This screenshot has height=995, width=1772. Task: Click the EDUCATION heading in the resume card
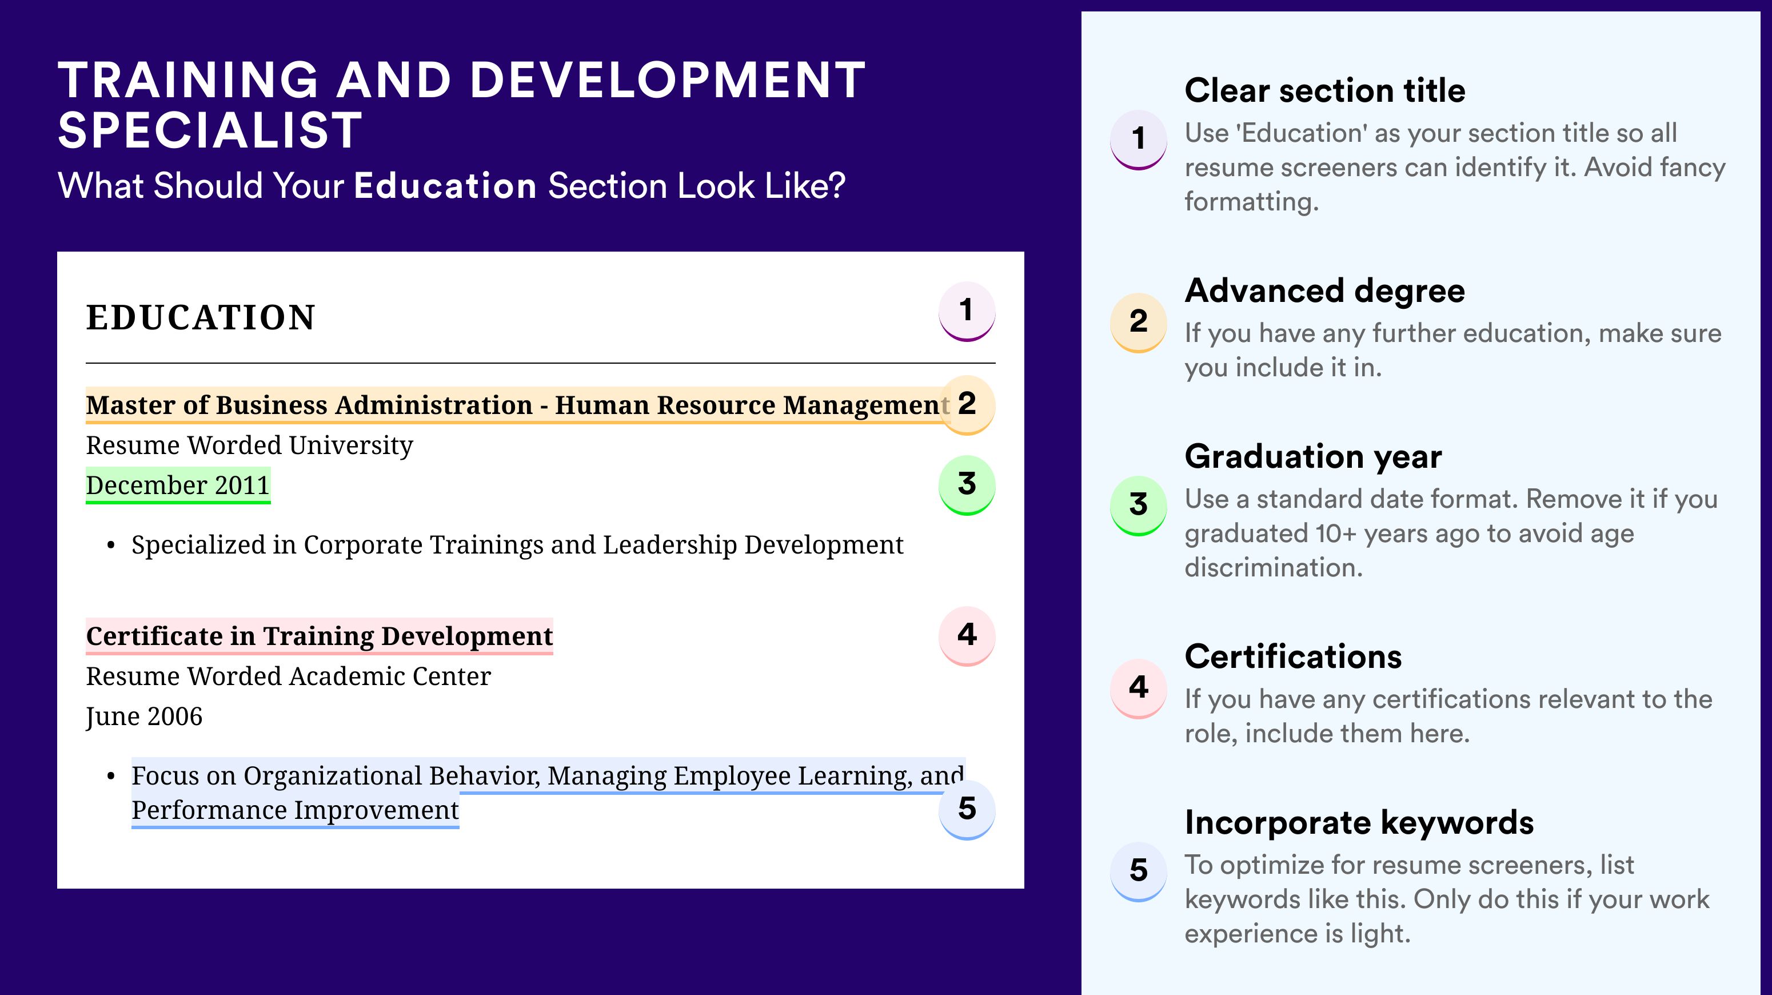point(200,318)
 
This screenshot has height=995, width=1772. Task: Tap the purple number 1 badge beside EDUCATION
point(967,311)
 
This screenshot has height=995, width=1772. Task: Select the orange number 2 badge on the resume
point(967,405)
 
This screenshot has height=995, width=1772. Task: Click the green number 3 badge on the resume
point(967,484)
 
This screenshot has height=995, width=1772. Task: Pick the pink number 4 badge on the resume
point(967,636)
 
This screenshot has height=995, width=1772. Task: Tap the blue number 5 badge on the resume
point(967,809)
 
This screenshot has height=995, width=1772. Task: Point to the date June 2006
point(144,717)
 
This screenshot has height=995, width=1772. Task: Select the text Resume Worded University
point(249,446)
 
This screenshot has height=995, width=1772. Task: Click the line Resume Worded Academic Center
point(288,676)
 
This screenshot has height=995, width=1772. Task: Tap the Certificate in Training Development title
point(319,636)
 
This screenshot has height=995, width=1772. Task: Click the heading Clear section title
point(1325,90)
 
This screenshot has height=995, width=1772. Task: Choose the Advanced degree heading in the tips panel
point(1325,291)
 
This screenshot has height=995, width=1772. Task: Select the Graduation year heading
point(1313,456)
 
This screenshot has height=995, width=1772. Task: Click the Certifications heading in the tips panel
point(1293,656)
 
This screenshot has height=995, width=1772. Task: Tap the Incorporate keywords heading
point(1359,823)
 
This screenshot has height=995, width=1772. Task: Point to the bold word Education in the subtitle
point(445,186)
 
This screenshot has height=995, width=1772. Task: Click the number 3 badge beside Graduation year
point(1139,505)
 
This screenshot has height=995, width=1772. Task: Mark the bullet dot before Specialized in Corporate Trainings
point(111,546)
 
